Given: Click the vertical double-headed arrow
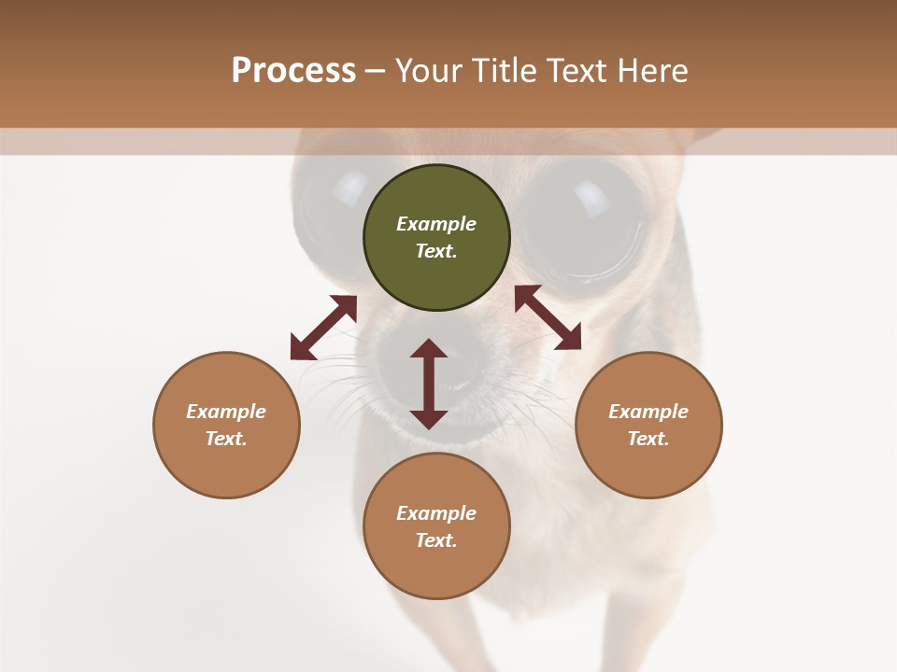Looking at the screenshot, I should click(x=429, y=384).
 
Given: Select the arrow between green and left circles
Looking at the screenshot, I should click(x=323, y=328).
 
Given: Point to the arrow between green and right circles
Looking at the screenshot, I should click(x=548, y=317).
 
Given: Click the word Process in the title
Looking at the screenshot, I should click(x=293, y=70).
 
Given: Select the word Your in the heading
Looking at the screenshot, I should click(x=431, y=70).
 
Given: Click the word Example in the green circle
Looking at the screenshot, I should click(x=436, y=224).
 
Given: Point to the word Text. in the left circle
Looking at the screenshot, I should click(x=226, y=439).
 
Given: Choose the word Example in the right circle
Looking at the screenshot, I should click(x=648, y=412).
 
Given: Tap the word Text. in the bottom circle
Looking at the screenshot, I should click(x=436, y=540).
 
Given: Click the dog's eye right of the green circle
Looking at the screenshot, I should click(x=581, y=217).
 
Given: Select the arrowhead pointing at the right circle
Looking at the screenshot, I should click(x=569, y=339).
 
